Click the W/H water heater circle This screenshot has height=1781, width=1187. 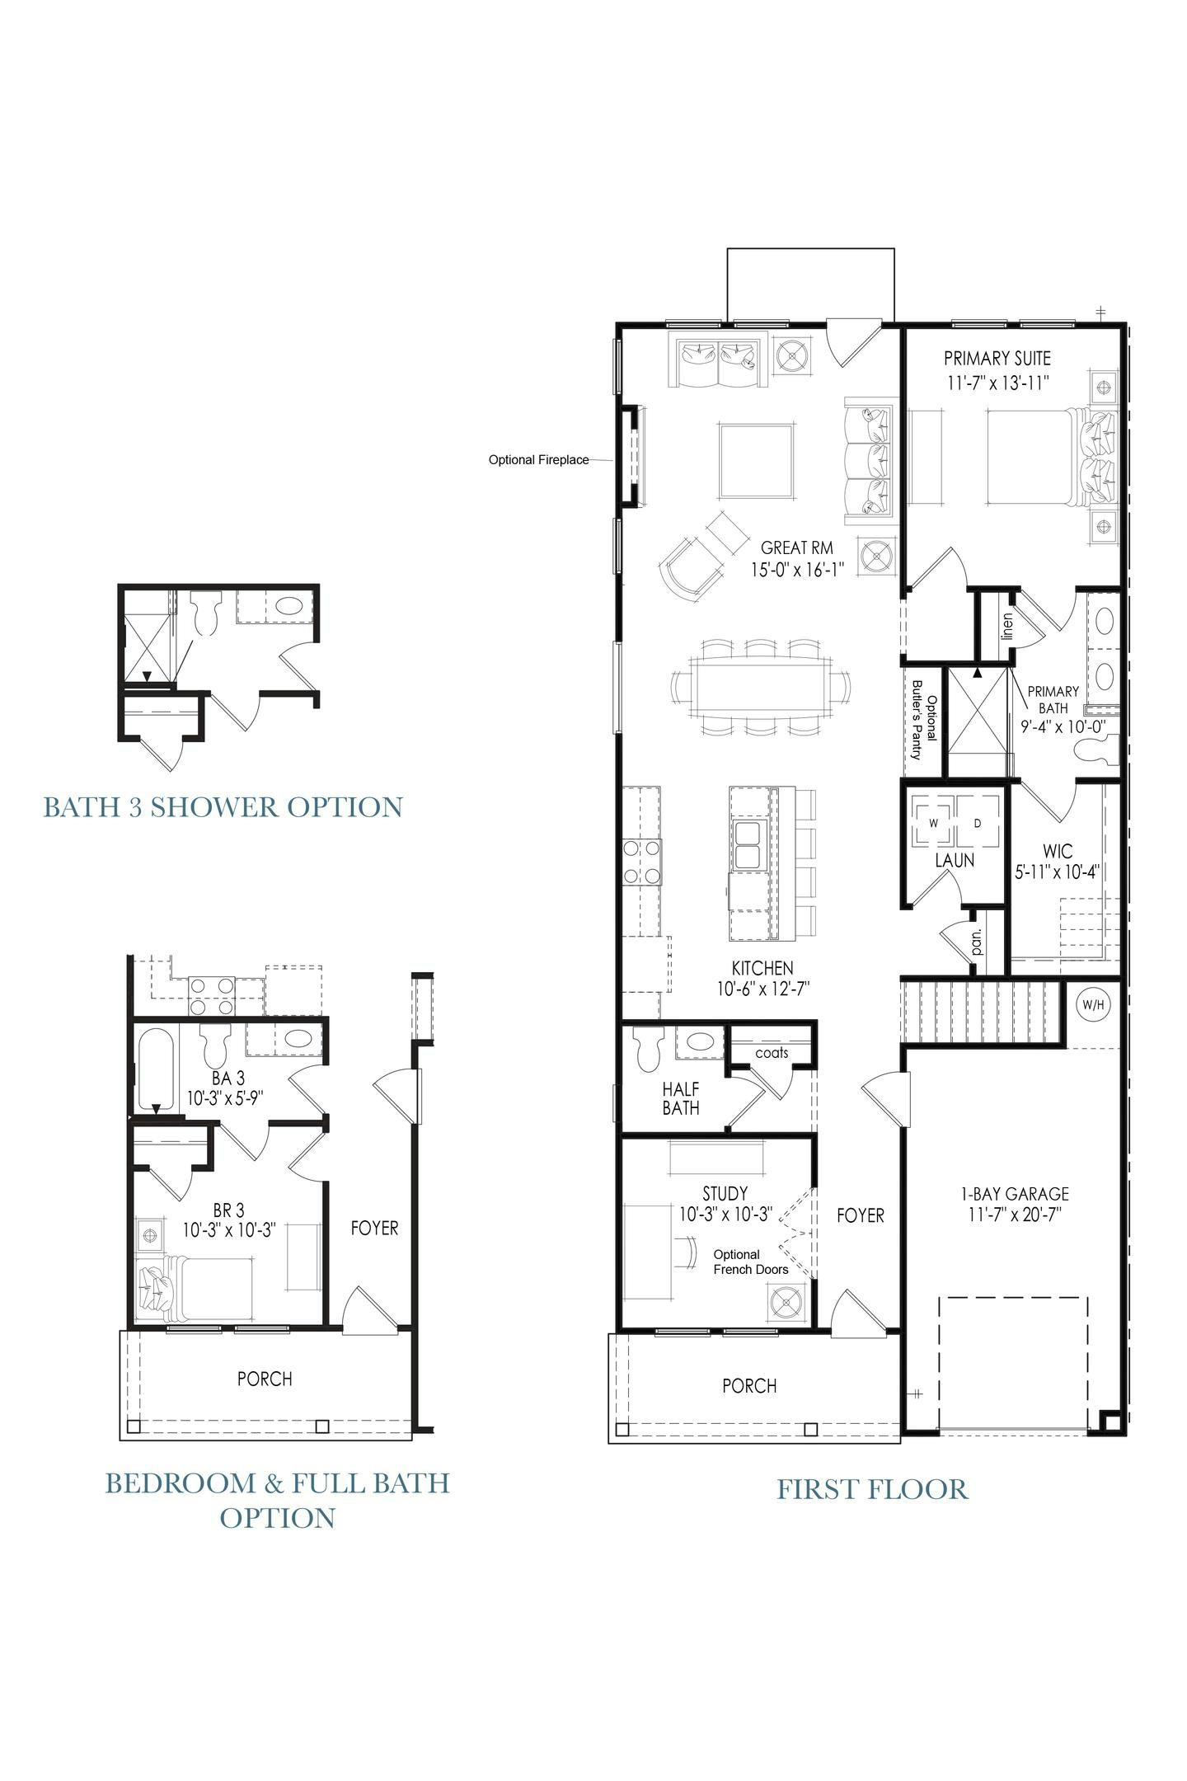pos(1093,1005)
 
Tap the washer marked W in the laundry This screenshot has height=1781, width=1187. pos(933,823)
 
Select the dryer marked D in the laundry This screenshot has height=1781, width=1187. pos(978,823)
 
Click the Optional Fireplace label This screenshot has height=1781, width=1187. pos(538,460)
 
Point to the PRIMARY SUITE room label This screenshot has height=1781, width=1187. pos(997,359)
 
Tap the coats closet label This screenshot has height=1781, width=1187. pos(772,1053)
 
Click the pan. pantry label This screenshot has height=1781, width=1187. pos(977,942)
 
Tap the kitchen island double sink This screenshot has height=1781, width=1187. pos(748,845)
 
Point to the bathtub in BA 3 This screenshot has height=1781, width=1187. pos(156,1069)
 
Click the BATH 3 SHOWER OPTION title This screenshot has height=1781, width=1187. pos(223,806)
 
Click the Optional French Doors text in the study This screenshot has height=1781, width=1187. pos(750,1262)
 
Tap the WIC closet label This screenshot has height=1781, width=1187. pos(1058,851)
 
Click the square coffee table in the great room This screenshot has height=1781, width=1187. pos(757,461)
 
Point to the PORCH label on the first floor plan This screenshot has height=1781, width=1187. pos(749,1386)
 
